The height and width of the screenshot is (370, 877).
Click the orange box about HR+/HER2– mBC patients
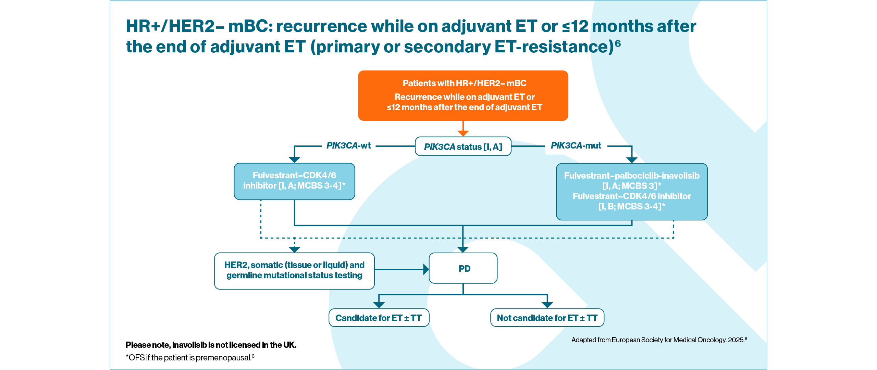[463, 95]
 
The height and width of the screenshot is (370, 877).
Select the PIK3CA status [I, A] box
[463, 146]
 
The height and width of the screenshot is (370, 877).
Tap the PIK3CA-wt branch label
[348, 145]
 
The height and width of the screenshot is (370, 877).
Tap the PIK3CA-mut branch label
[576, 145]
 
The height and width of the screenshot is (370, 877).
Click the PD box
[463, 268]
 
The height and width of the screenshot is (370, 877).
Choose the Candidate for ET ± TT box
[379, 318]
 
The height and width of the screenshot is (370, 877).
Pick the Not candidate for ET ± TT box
[547, 318]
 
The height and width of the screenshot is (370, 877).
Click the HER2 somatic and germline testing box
[294, 270]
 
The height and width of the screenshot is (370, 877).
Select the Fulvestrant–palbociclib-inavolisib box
[632, 191]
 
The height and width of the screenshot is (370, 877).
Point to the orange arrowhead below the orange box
[463, 133]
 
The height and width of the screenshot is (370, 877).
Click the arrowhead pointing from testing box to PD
[426, 269]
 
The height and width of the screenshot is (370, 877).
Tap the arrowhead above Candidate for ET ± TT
[379, 305]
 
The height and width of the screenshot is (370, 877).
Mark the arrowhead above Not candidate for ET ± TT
[547, 305]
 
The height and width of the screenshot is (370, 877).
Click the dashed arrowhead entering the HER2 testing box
[295, 250]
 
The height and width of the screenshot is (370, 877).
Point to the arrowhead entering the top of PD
[463, 250]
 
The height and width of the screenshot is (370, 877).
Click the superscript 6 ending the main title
[618, 43]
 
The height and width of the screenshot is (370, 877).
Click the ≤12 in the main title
[575, 26]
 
